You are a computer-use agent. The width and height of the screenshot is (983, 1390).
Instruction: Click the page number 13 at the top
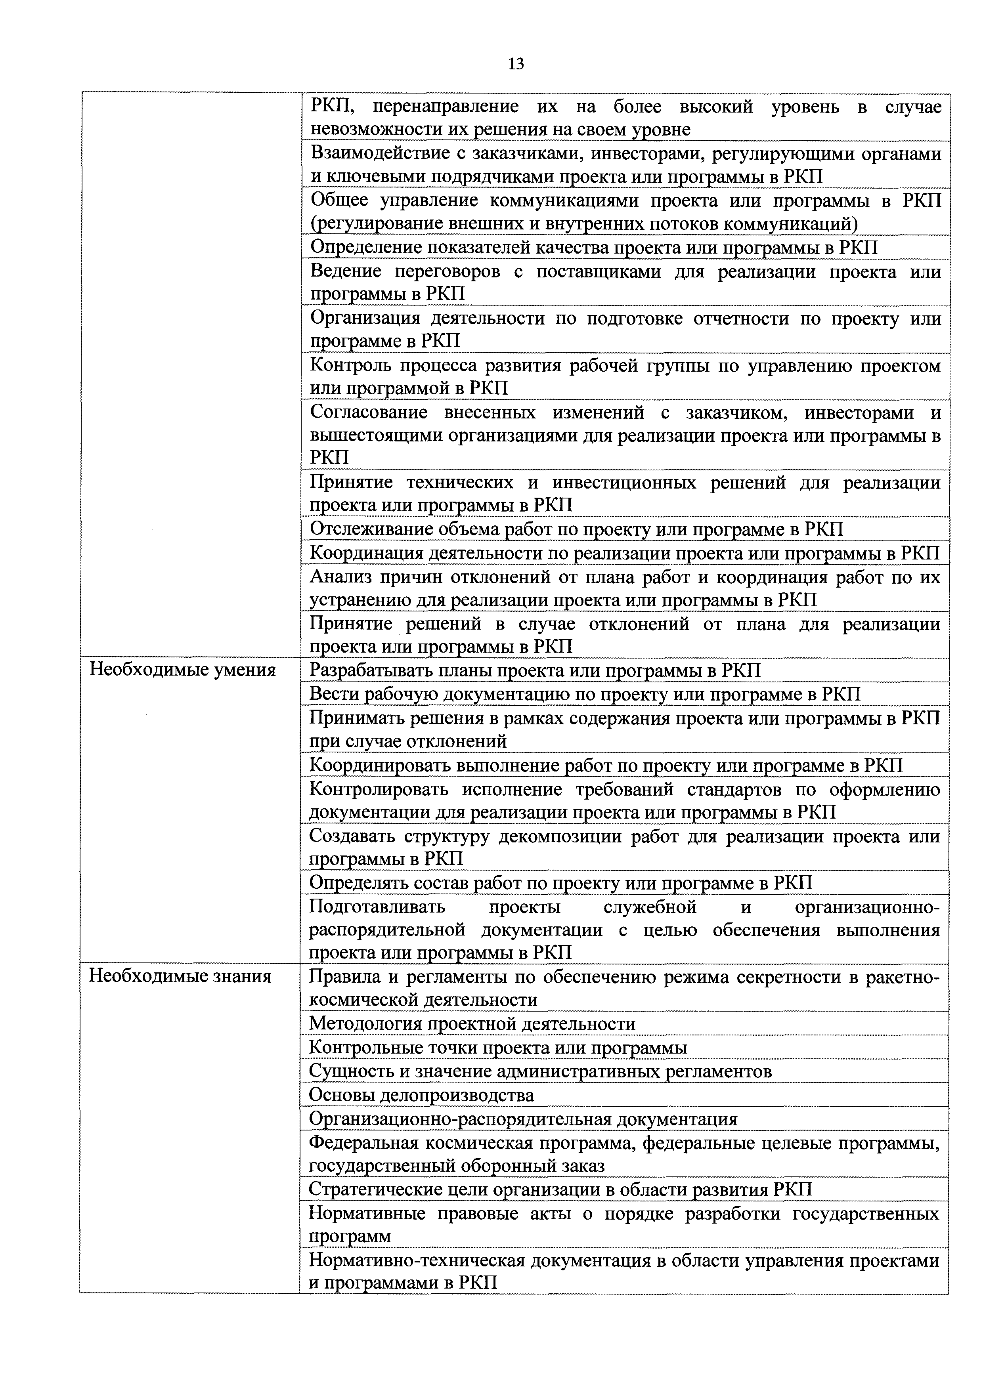pyautogui.click(x=516, y=65)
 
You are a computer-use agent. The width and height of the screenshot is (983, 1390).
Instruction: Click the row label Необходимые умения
pyautogui.click(x=182, y=670)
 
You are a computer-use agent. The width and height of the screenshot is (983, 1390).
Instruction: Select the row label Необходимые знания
pyautogui.click(x=180, y=976)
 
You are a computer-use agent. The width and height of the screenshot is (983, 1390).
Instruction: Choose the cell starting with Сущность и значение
pyautogui.click(x=540, y=1071)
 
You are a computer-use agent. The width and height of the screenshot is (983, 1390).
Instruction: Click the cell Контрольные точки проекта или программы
pyautogui.click(x=498, y=1047)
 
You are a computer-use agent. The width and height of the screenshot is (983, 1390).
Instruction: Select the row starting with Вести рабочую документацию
pyautogui.click(x=585, y=694)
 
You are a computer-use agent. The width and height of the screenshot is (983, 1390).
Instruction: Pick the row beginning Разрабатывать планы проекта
pyautogui.click(x=535, y=670)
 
